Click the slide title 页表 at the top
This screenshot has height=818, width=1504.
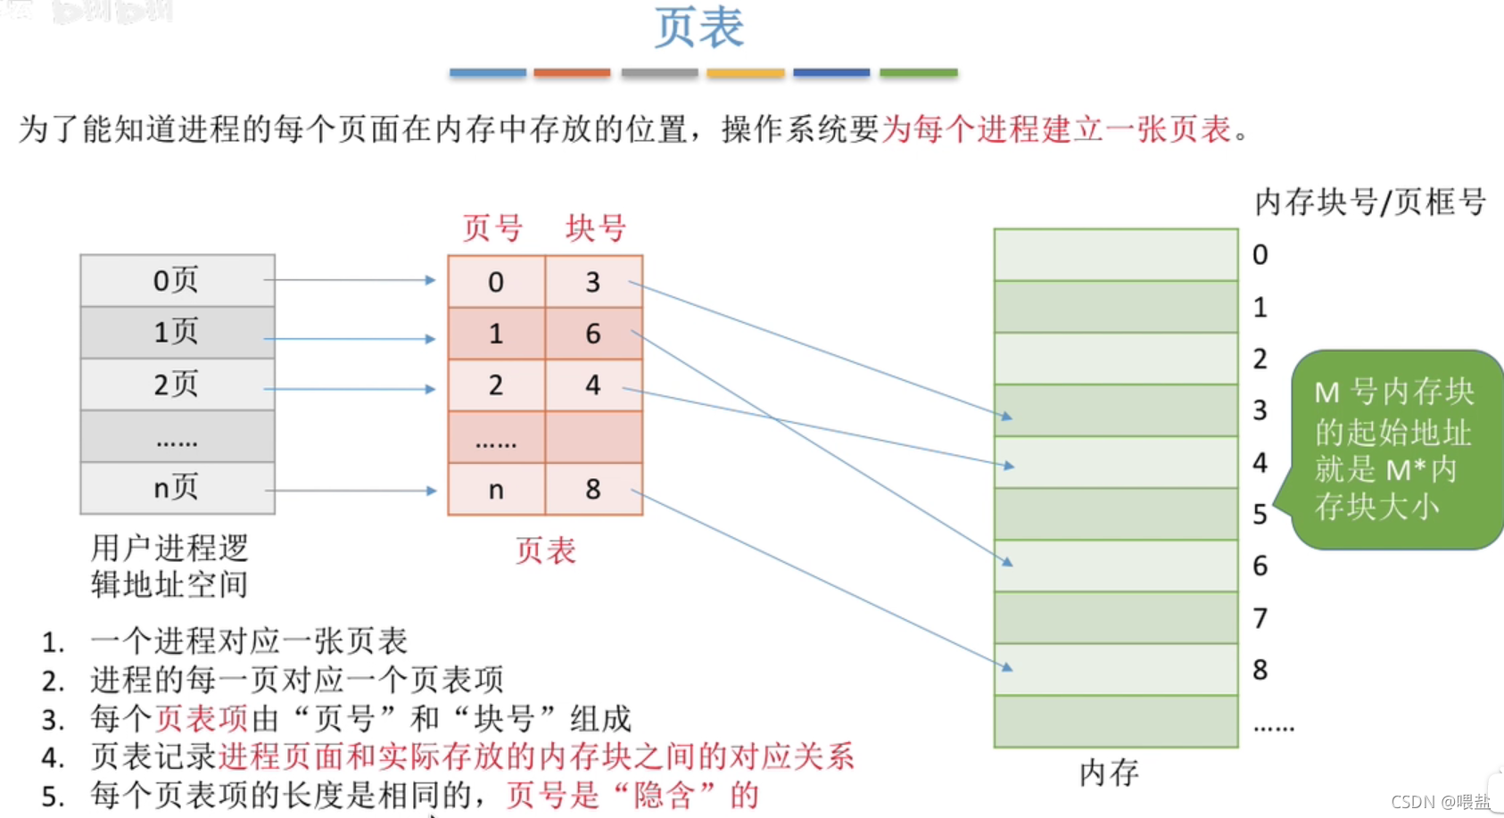tap(699, 28)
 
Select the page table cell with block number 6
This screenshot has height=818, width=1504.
tap(593, 334)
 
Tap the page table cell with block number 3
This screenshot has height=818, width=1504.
tap(593, 282)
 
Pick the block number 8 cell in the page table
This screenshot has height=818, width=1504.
tap(593, 489)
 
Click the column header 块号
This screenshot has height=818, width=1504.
tap(596, 228)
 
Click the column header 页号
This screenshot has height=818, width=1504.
tap(492, 228)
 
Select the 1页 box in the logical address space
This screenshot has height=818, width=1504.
tap(177, 333)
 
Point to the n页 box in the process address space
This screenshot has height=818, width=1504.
tap(177, 488)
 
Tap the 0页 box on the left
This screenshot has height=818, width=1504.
tap(177, 281)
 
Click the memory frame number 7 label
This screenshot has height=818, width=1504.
tap(1260, 617)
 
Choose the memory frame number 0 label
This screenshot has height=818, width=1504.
tap(1260, 255)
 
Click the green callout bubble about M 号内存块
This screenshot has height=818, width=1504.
tap(1393, 450)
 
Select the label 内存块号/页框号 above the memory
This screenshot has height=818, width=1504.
tap(1369, 202)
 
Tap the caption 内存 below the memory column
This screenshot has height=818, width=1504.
tap(1109, 773)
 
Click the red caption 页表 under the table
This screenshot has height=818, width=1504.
tap(545, 550)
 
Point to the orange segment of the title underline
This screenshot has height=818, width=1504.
tap(572, 72)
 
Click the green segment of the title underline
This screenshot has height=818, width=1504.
tap(918, 72)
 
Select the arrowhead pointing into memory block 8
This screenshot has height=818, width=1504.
tap(1007, 666)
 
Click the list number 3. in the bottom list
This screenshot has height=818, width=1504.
tap(53, 719)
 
